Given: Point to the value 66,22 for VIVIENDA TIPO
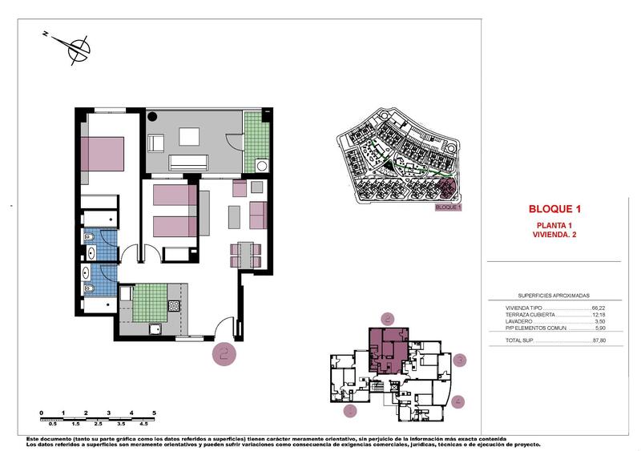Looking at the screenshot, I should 599,308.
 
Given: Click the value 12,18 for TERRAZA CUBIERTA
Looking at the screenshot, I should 599,314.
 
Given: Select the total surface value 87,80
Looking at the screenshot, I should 599,340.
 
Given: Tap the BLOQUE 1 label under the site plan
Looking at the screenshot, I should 448,207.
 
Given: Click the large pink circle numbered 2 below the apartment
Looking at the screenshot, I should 224,352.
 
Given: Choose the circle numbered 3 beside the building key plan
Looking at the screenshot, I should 458,360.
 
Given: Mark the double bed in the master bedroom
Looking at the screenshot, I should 103,153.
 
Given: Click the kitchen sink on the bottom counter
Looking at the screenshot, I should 156,328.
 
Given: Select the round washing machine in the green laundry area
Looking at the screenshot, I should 260,165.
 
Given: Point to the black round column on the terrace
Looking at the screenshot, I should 153,116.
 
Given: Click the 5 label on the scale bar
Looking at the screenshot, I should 154,412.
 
